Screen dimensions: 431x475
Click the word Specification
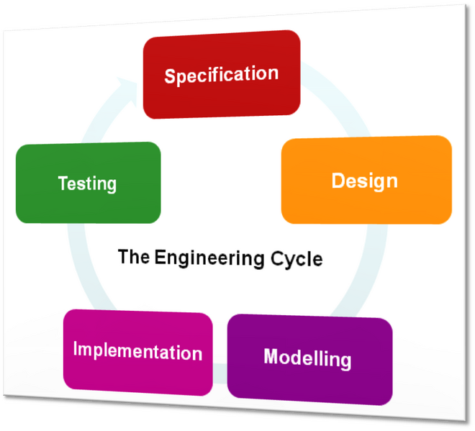click(221, 75)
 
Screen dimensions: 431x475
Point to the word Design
click(364, 181)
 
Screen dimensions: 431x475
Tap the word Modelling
click(307, 358)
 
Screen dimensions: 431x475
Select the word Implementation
click(137, 351)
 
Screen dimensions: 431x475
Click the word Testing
click(87, 183)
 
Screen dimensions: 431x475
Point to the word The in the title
click(133, 255)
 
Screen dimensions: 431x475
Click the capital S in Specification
click(170, 76)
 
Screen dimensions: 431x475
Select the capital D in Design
click(338, 180)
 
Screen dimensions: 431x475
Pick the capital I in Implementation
click(76, 350)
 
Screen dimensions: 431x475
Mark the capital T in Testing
click(63, 182)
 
